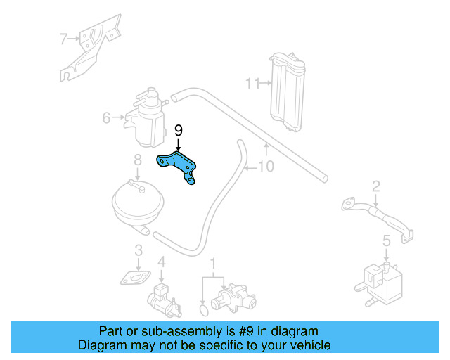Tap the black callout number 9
(178, 130)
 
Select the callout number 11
(252, 84)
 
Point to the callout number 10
(266, 167)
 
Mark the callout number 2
(376, 186)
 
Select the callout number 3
(139, 250)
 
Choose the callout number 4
(162, 262)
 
